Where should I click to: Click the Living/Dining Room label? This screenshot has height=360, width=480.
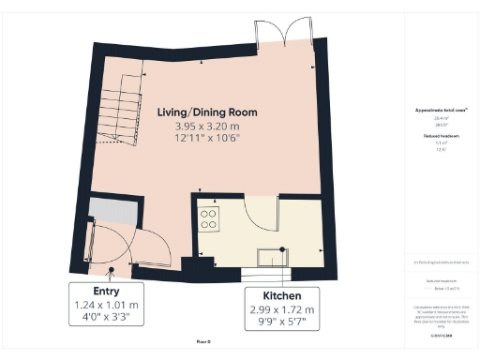pos(204,112)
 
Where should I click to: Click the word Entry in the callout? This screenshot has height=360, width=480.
pos(106,291)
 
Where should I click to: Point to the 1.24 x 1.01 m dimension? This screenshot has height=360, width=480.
pos(106,305)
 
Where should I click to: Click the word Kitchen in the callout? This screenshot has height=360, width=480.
pos(281,296)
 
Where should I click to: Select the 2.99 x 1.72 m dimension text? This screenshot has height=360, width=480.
pos(281,310)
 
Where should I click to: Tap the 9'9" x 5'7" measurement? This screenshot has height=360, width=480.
pos(281,324)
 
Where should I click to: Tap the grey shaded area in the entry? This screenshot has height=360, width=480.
pos(111,211)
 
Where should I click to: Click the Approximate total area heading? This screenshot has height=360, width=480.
pos(441,110)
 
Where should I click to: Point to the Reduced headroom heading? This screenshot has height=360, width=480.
pos(441,136)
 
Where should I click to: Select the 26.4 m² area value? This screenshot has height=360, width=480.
pos(441,118)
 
